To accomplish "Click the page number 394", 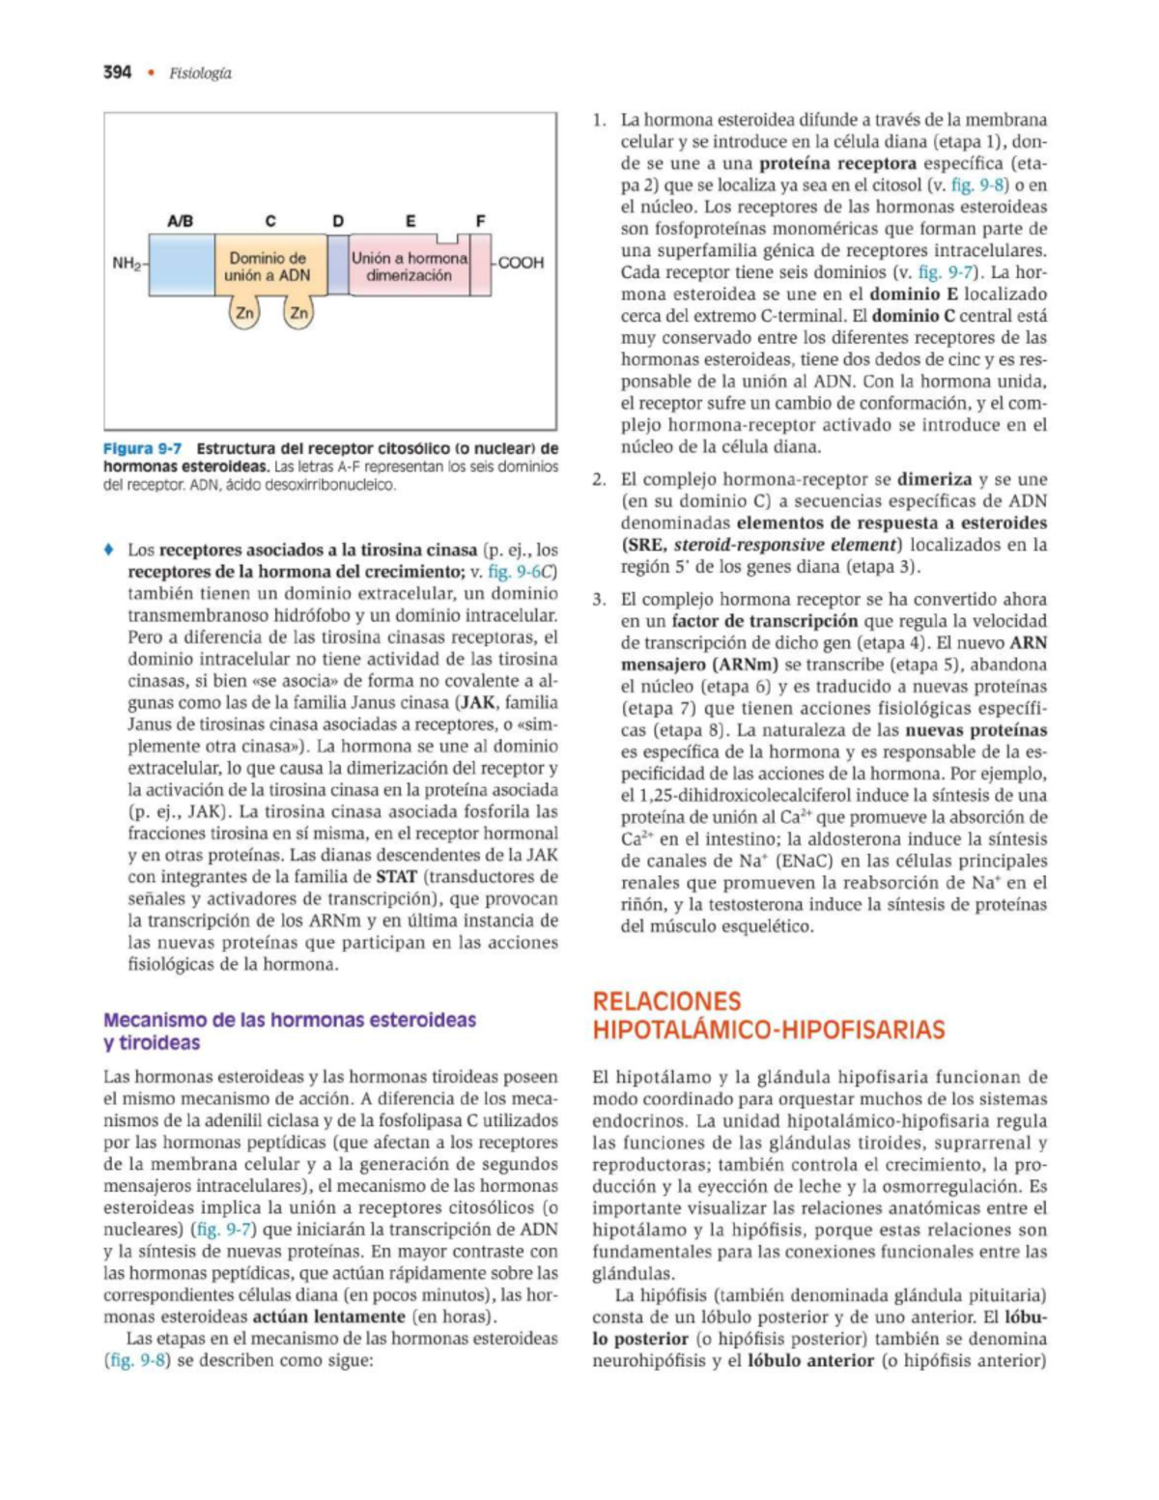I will tap(117, 72).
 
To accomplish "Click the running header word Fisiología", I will tap(200, 73).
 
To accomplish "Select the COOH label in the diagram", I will tap(521, 263).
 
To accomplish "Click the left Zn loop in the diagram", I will tap(244, 313).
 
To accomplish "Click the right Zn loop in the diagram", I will tap(298, 313).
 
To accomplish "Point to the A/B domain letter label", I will tap(181, 221).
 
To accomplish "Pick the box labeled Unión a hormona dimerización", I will tap(409, 266).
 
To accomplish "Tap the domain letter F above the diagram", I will tap(480, 221).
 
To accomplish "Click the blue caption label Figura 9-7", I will tap(142, 449).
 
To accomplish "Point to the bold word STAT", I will tap(396, 877).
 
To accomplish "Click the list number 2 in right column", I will tap(599, 479).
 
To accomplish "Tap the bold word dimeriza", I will tap(934, 479).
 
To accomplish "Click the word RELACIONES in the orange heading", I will tap(666, 1002).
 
